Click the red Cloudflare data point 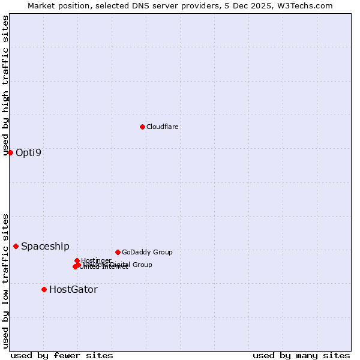click(x=142, y=127)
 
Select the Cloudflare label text click(x=163, y=127)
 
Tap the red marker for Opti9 click(x=10, y=152)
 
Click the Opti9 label click(x=29, y=152)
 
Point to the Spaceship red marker click(x=16, y=246)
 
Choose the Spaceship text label click(x=45, y=246)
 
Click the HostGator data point click(x=44, y=289)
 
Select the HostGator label click(x=73, y=289)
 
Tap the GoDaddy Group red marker click(x=118, y=252)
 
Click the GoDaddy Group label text click(x=147, y=252)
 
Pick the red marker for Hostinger click(x=77, y=260)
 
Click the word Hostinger click(x=97, y=260)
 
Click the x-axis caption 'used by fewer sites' click(x=62, y=355)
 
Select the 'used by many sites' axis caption click(x=301, y=355)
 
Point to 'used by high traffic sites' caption click(x=6, y=86)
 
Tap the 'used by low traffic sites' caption click(x=6, y=281)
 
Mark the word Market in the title click(x=41, y=5)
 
